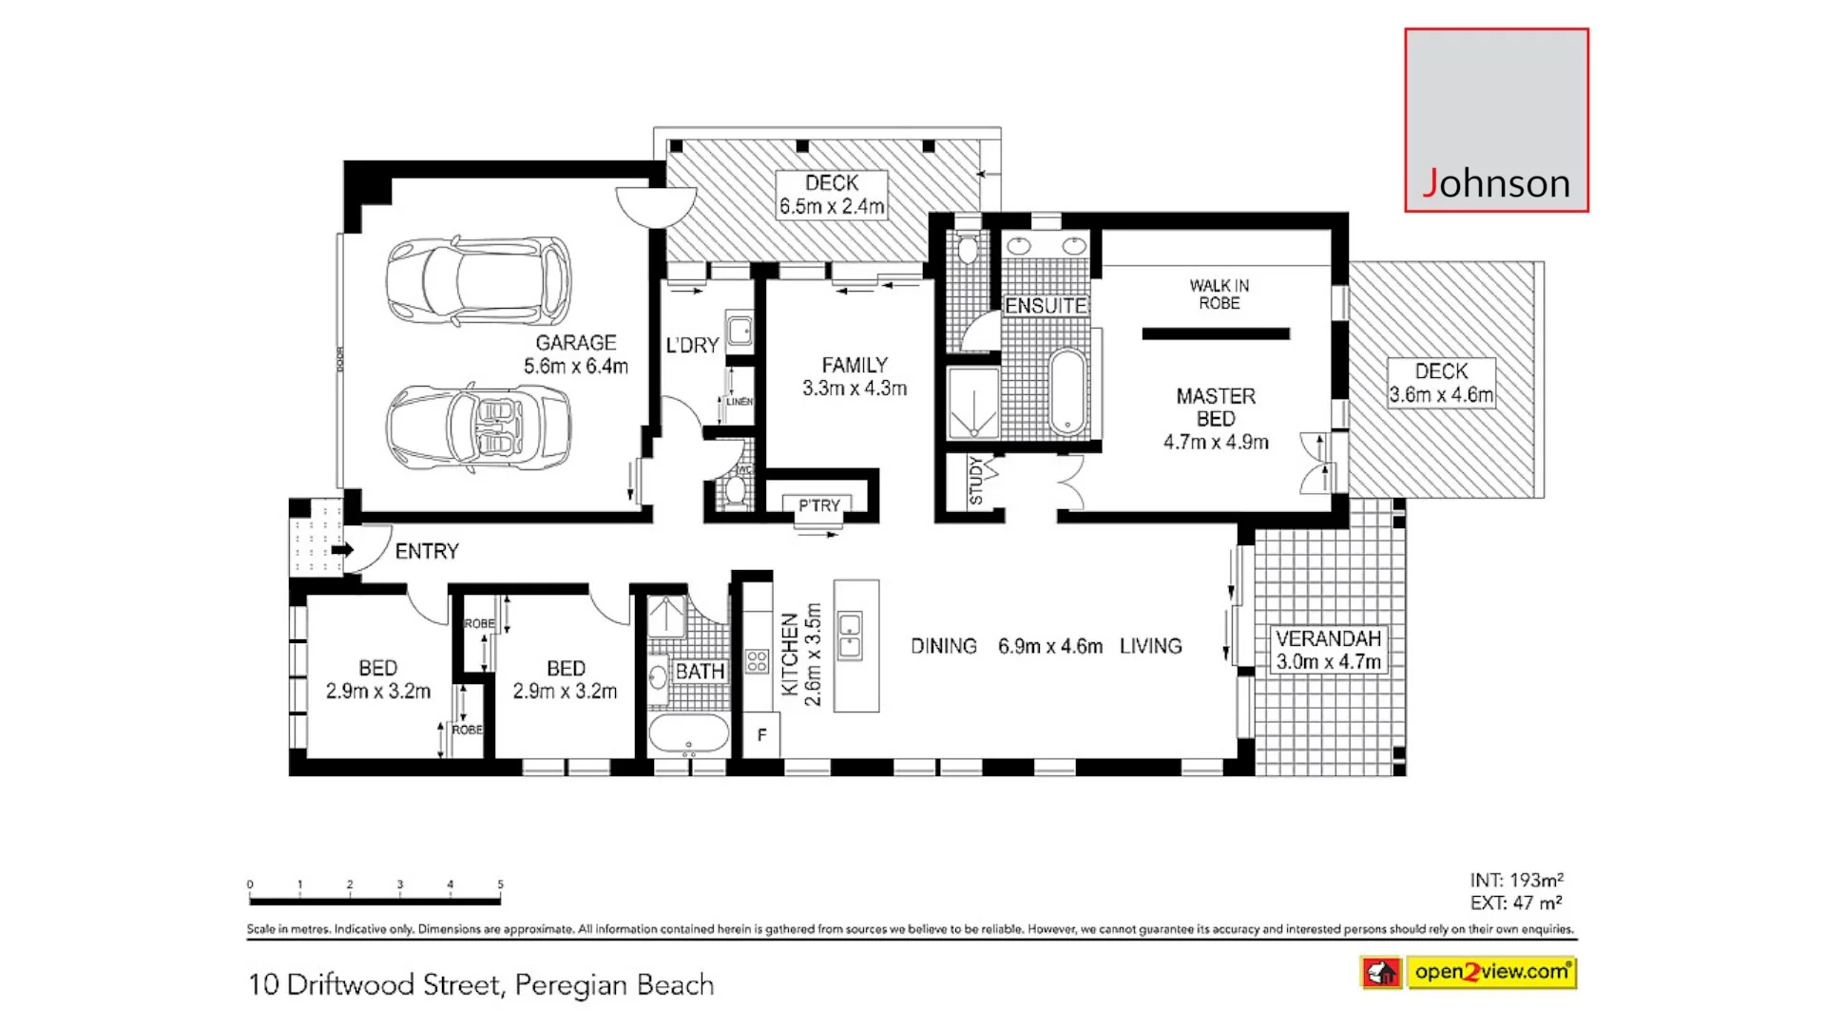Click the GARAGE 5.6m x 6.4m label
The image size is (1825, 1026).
[576, 354]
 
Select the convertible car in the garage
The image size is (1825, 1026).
[478, 427]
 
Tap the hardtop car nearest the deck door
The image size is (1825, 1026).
[478, 281]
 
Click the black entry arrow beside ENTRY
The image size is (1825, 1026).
[343, 550]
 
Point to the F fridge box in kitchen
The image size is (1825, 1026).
[761, 735]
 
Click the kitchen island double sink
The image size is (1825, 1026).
[850, 636]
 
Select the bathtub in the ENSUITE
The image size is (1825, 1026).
[1067, 391]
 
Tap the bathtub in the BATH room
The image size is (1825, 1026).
[688, 734]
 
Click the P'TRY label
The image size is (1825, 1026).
[818, 505]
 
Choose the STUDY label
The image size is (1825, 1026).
[975, 481]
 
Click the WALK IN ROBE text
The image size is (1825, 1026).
[1219, 294]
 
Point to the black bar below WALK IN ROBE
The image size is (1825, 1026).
[1216, 333]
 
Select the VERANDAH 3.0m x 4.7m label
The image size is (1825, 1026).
[1328, 650]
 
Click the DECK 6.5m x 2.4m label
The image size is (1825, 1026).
[832, 195]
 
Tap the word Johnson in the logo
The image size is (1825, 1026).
[1496, 183]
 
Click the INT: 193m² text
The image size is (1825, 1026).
[1516, 880]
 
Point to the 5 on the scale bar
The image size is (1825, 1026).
[500, 884]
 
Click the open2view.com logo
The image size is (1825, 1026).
[1490, 972]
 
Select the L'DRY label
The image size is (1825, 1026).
[692, 346]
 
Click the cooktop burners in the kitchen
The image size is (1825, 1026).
[757, 661]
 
